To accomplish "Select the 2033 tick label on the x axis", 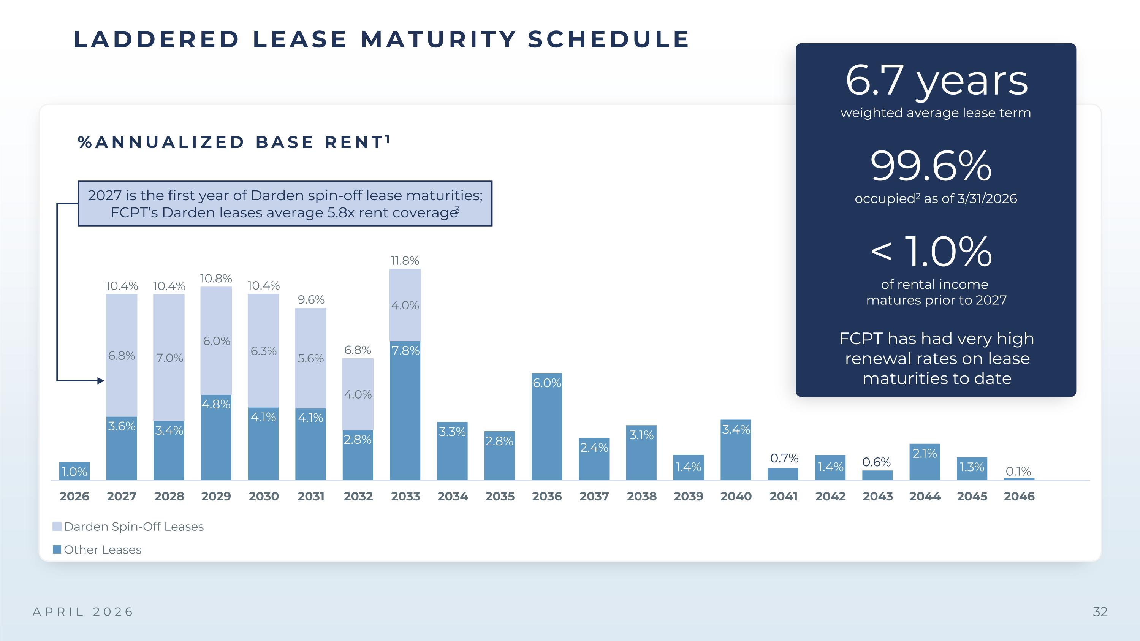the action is point(405,496).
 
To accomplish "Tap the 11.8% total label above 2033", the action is point(404,261).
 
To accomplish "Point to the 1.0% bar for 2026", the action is point(74,471).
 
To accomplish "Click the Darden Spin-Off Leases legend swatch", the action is point(57,526).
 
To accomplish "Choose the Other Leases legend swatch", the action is point(57,549).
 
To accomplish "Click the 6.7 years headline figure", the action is point(936,81).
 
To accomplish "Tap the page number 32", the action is point(1100,612).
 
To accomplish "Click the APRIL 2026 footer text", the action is point(83,612).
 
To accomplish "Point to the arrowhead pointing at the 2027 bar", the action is point(101,380).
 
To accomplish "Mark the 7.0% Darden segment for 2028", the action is point(169,358).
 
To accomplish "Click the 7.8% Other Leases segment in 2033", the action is point(405,410).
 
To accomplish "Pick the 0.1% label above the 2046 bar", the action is point(1018,471).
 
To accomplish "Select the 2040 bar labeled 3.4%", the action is point(736,450).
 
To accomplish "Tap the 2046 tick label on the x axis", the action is point(1019,496).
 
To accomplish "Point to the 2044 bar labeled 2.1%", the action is point(925,462).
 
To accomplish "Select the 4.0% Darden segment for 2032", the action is point(358,394).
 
